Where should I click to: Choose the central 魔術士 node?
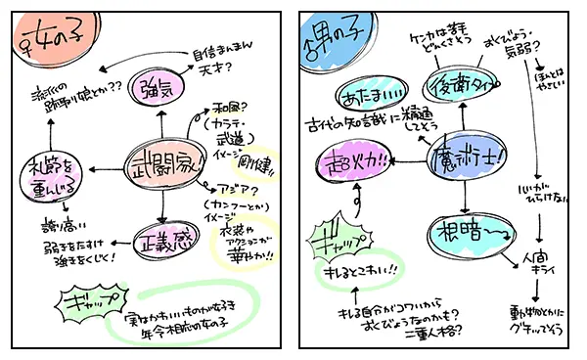click(x=466, y=157)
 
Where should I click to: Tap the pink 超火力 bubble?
click(x=353, y=159)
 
